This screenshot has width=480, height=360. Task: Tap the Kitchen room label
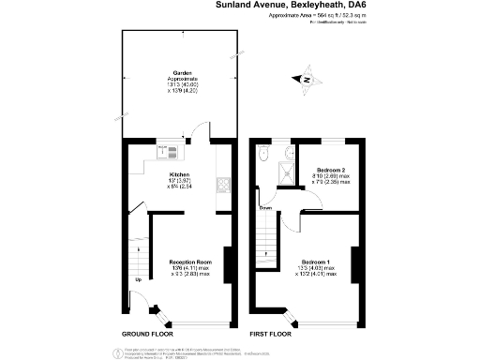point(179,174)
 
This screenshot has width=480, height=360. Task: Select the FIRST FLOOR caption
point(273,334)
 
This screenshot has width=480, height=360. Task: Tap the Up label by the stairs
point(139,279)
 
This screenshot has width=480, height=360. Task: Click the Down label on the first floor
point(266,207)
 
